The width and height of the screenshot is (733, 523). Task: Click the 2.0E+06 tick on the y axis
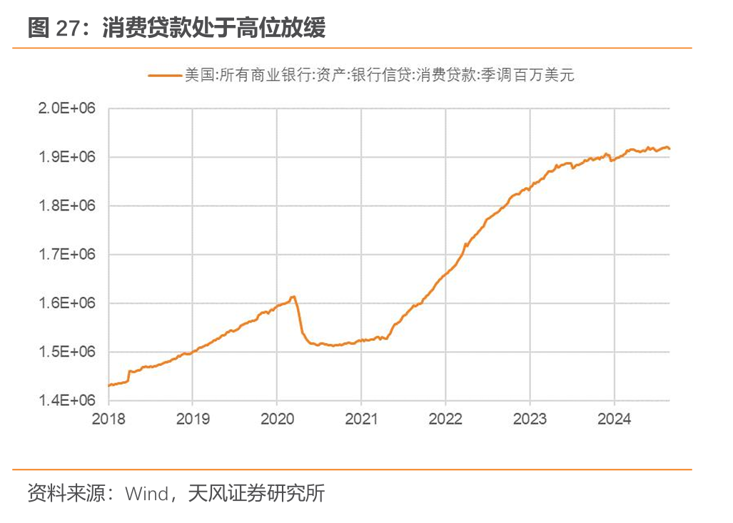(x=67, y=108)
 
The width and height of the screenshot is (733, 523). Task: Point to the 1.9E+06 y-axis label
(x=67, y=157)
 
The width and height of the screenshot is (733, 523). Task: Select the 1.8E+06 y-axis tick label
(x=67, y=205)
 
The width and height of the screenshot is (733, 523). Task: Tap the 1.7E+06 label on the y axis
(x=67, y=254)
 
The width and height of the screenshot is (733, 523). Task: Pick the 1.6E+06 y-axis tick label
(x=67, y=303)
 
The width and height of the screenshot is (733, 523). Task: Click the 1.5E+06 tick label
(x=67, y=352)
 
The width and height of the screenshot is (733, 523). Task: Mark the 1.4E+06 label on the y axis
(x=67, y=400)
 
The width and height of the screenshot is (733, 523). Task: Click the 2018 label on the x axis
(x=108, y=419)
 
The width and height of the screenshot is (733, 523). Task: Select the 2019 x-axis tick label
(x=193, y=419)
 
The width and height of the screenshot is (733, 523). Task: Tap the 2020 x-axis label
(x=277, y=419)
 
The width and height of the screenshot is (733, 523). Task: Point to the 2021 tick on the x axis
(x=361, y=419)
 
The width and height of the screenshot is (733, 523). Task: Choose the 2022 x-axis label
(x=445, y=419)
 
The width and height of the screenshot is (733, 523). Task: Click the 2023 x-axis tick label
(x=530, y=419)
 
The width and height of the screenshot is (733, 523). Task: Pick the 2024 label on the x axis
(x=615, y=419)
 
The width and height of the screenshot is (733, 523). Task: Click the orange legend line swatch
(x=165, y=75)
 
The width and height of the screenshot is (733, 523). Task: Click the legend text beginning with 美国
(x=379, y=75)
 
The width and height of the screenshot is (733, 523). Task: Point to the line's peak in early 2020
(x=293, y=297)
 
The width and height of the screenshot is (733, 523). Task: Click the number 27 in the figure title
(x=69, y=28)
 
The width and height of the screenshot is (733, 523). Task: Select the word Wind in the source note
(x=147, y=494)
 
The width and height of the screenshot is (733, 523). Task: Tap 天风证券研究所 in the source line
(x=256, y=493)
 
